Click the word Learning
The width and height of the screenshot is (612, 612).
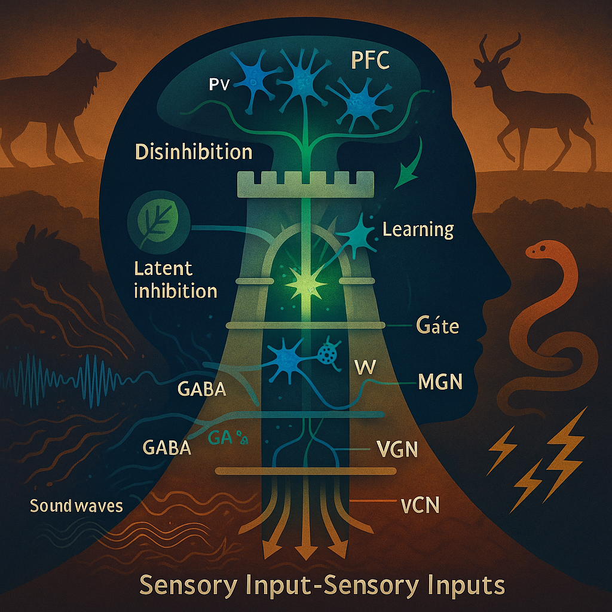click(x=418, y=228)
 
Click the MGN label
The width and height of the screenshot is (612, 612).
click(x=440, y=382)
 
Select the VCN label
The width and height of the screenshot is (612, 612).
click(x=418, y=506)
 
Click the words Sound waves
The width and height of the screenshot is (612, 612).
click(x=76, y=506)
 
